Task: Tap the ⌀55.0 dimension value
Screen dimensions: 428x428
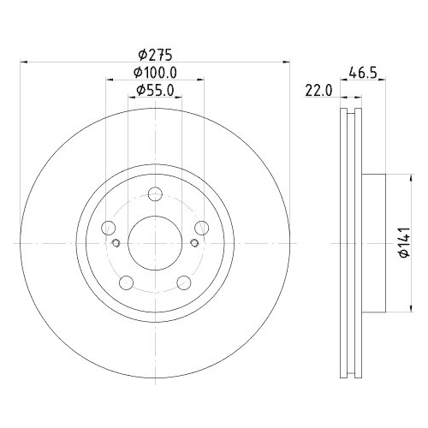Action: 155,90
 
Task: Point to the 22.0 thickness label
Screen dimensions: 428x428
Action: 318,92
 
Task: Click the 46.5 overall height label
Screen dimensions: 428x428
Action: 363,73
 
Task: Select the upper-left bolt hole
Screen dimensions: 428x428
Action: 109,228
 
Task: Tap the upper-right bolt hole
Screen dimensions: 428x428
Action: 201,228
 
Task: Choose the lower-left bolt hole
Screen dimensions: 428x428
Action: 127,282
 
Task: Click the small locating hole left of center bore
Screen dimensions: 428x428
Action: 116,244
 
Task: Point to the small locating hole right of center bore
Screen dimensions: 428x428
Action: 195,244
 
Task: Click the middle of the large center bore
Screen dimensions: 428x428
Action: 155,243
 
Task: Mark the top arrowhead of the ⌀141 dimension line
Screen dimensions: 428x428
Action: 392,179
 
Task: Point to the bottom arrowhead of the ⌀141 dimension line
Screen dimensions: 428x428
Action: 392,307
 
